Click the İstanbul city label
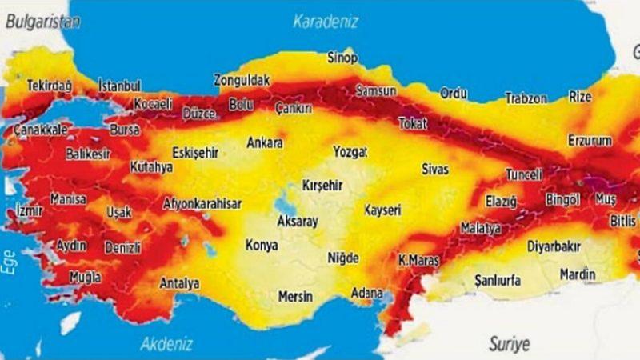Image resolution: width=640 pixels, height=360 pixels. coord(119,86)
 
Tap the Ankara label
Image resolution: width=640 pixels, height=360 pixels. coord(265,143)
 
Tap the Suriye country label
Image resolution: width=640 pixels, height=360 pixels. coord(509,344)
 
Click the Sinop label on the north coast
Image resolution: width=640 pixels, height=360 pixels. coord(343,58)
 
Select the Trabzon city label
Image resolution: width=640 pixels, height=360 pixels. coord(526,98)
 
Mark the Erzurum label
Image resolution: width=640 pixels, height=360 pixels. coord(590,141)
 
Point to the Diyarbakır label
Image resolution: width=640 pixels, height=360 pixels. coord(553,246)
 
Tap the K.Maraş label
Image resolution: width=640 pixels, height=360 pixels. coord(420,260)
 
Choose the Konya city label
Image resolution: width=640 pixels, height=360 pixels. coord(261,246)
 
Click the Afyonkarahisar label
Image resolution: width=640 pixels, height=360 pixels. coord(202,204)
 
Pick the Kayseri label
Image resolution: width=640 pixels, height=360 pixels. coord(382,210)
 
